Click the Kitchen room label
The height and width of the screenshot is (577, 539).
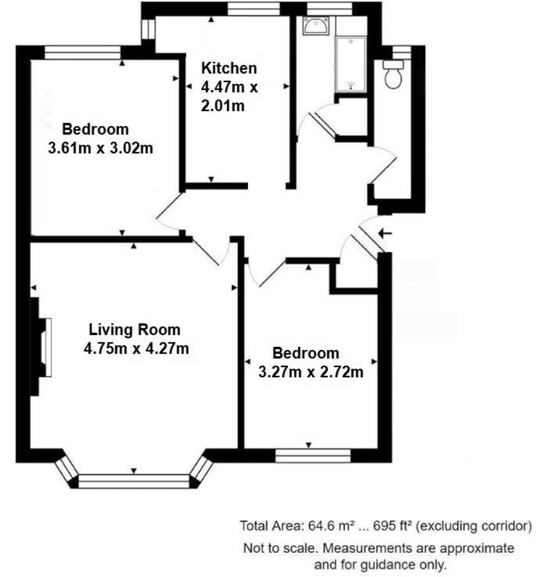point(229,68)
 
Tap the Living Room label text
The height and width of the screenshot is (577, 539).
point(134,330)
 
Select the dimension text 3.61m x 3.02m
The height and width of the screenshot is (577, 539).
point(100,149)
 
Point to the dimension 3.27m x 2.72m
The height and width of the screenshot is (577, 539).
point(311,372)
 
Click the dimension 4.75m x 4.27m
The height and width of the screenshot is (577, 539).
point(136,348)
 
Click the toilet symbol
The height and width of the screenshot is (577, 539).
point(393,74)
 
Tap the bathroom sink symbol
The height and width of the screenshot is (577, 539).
point(316,26)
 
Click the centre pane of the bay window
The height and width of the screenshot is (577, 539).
point(134,481)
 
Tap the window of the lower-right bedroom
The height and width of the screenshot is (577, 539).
point(313,455)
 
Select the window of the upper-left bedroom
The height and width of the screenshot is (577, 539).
point(83,52)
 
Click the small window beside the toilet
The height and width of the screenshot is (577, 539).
point(402,52)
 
